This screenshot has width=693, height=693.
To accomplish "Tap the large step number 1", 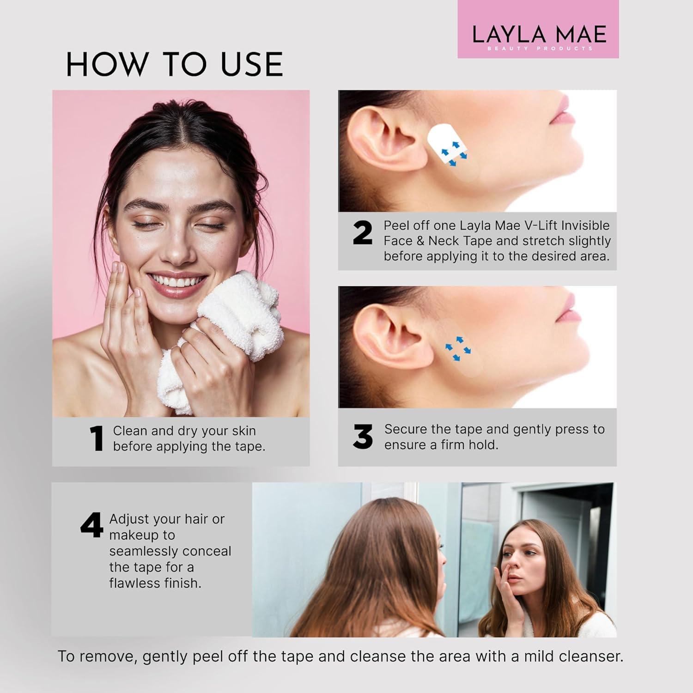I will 97,438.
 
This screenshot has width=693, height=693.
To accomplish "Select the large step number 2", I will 362,233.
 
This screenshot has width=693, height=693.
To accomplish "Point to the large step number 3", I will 363,437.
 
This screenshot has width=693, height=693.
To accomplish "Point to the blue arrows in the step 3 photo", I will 457,349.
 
